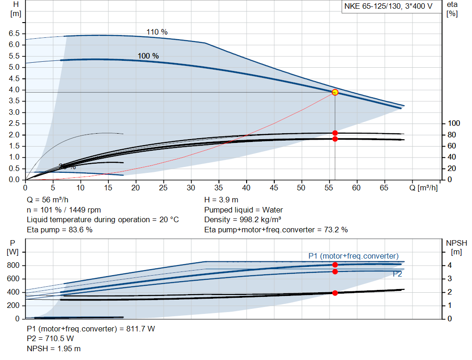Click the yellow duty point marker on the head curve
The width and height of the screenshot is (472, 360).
pyautogui.click(x=335, y=92)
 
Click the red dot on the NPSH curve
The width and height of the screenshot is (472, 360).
pyautogui.click(x=335, y=293)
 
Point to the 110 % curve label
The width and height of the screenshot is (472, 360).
pyautogui.click(x=157, y=32)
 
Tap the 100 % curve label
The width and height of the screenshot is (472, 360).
pyautogui.click(x=148, y=56)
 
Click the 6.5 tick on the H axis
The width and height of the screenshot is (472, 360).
pyautogui.click(x=14, y=34)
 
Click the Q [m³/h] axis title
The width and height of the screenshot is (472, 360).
pyautogui.click(x=425, y=188)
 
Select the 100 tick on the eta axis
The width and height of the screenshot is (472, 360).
pyautogui.click(x=454, y=124)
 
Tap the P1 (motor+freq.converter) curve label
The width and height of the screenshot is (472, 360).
pyautogui.click(x=353, y=256)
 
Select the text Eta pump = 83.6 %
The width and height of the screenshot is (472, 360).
pyautogui.click(x=59, y=230)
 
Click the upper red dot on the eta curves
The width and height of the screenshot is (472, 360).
pyautogui.click(x=335, y=133)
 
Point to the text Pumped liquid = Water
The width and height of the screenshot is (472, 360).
pyautogui.click(x=243, y=210)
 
